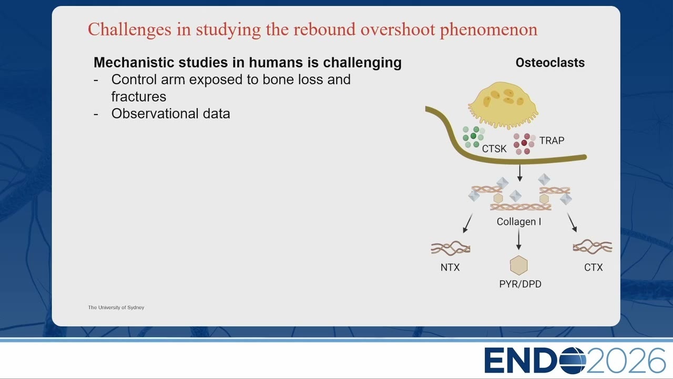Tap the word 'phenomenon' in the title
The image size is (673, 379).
(x=488, y=31)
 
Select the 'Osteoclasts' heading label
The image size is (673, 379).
(x=550, y=63)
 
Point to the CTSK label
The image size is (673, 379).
(x=494, y=148)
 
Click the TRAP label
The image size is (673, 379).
(x=552, y=141)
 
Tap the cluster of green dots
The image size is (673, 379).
(x=474, y=137)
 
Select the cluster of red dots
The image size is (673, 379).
(x=524, y=144)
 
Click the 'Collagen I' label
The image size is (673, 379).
(x=519, y=222)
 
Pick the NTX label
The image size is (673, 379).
(x=450, y=267)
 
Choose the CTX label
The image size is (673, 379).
(x=594, y=267)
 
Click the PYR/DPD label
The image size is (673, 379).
(x=520, y=284)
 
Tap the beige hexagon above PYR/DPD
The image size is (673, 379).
(x=518, y=265)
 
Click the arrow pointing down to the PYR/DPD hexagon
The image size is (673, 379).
(x=518, y=239)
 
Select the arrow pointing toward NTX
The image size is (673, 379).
(x=468, y=223)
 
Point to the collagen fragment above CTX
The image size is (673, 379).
(x=593, y=247)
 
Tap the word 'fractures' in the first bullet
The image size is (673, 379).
(x=138, y=97)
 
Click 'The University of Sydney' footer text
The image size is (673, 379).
(x=116, y=307)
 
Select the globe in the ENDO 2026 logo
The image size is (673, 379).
(x=572, y=361)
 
